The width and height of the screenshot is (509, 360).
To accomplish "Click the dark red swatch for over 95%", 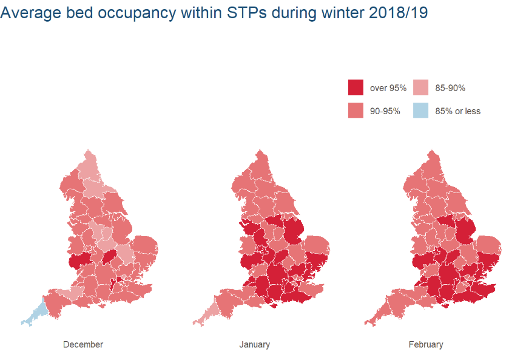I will (x=356, y=87).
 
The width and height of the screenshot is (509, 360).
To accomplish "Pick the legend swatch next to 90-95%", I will (x=356, y=110).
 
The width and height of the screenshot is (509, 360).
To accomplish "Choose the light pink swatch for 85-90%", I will (x=420, y=87).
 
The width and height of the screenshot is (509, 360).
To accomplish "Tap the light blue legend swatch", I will (x=420, y=110).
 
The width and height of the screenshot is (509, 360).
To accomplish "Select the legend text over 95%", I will (x=388, y=88).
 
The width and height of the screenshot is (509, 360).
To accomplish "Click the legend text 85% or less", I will (x=457, y=111).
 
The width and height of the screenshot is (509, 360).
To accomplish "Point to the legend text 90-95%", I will (x=385, y=111).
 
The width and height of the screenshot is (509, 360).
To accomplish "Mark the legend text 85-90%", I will (x=450, y=88).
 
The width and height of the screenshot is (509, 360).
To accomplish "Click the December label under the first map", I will (x=83, y=344).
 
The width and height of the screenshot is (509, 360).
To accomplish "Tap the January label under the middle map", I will (x=254, y=344).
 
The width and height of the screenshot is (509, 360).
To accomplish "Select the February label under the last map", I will (x=425, y=344).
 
